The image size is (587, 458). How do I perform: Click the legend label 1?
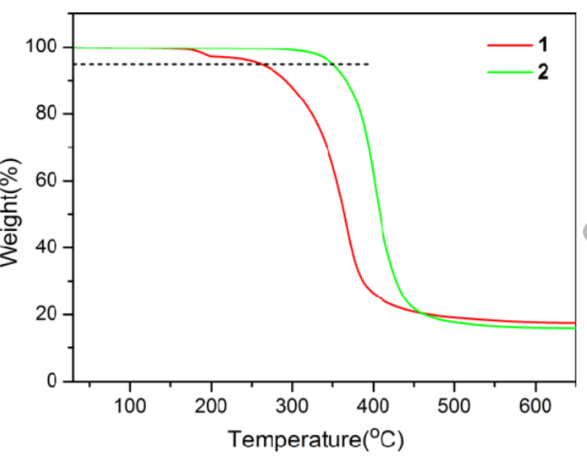pos(542,44)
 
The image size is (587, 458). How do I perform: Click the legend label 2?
pos(542,72)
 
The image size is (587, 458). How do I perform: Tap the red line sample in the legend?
pos(507,45)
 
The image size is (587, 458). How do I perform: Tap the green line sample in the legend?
pos(507,73)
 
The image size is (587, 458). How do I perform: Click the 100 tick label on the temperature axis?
pos(129,404)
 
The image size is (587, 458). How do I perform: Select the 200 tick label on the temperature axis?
pos(211,404)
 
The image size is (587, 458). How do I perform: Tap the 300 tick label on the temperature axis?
pos(292,404)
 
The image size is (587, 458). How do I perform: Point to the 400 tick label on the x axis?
pos(373,404)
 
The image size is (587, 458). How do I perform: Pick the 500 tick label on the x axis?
pos(454,404)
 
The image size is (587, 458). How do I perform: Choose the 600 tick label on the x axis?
pos(536,404)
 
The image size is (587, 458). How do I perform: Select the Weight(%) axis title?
pos(12,214)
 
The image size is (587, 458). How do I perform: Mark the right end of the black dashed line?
pos(369,64)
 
